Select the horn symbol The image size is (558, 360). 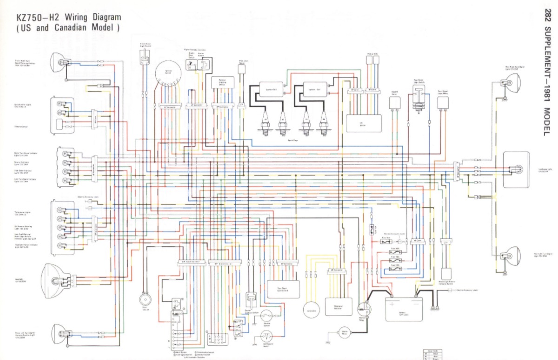click(x=144, y=300)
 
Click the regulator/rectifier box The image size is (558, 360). click(x=339, y=307)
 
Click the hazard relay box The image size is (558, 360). click(x=395, y=103)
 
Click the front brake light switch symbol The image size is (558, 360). click(x=145, y=62)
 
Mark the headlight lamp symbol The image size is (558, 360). click(x=55, y=280)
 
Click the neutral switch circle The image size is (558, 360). click(x=266, y=317)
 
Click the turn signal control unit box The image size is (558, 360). click(x=283, y=289)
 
